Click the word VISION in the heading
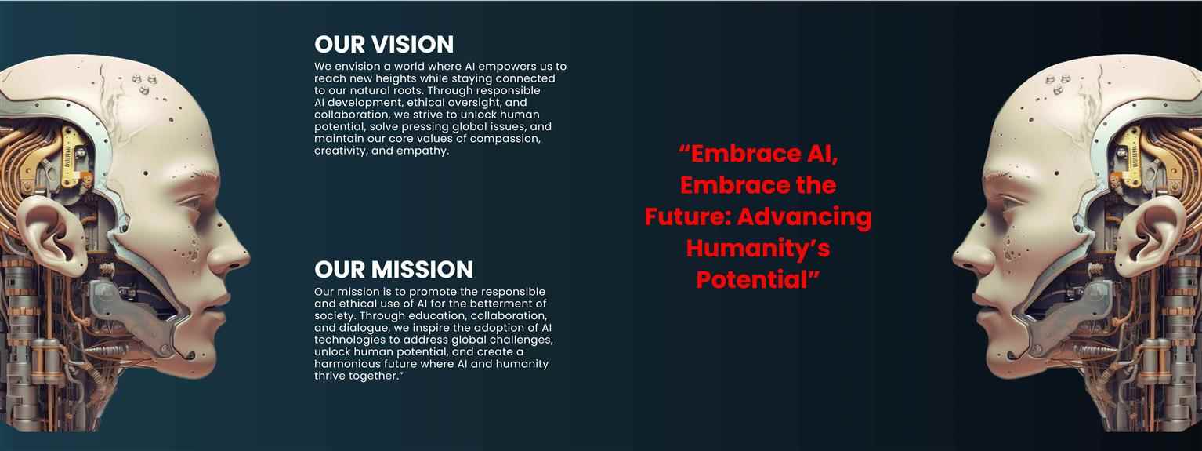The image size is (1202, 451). (x=412, y=45)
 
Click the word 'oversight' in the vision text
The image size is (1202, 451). (x=475, y=103)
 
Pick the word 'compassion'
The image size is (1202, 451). (x=505, y=139)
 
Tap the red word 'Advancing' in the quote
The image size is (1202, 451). (x=805, y=217)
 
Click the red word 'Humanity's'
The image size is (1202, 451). (x=758, y=248)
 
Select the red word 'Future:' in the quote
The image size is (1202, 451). (x=688, y=217)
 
